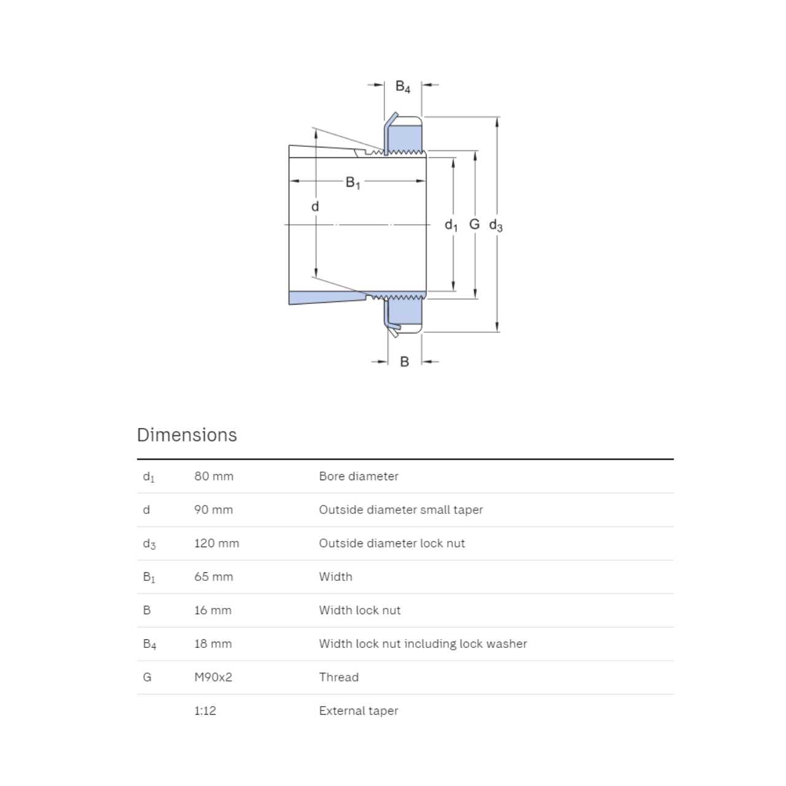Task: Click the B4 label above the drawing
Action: [403, 87]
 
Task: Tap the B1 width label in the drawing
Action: [353, 182]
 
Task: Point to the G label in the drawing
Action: [474, 224]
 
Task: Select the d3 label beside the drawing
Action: [496, 225]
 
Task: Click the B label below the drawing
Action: [404, 362]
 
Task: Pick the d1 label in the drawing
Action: [451, 225]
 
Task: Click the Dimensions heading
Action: [187, 435]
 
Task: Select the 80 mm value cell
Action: [214, 476]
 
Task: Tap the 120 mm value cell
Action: [217, 543]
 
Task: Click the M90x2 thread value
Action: [213, 677]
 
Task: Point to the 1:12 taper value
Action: [205, 710]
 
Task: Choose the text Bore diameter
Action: [359, 476]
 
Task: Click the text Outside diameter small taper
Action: [401, 510]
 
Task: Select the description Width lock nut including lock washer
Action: [423, 644]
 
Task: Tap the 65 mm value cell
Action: [214, 577]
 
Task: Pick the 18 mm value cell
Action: [213, 644]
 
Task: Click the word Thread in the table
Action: [339, 677]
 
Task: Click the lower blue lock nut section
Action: [404, 314]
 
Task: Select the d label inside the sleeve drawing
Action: [315, 206]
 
